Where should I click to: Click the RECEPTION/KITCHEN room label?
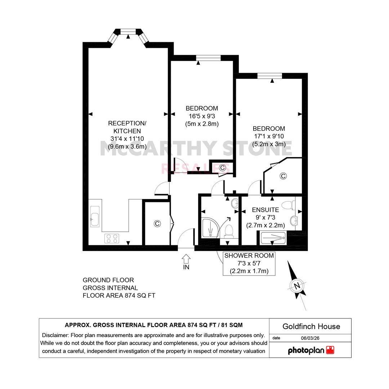pos(127,127)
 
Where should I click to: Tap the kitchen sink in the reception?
pos(95,216)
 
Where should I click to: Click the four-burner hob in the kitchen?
pos(112,238)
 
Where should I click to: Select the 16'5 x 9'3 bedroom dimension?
pos(202,116)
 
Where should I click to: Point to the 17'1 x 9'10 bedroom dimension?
pos(269,136)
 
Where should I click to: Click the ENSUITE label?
pos(265,210)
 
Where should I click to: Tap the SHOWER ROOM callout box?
pos(249,263)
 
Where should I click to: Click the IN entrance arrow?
pos(186,259)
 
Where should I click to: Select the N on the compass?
pos(297,286)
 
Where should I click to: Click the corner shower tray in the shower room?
pos(210,228)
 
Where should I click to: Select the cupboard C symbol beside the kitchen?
pos(157,224)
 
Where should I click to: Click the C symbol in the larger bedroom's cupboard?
pos(283,176)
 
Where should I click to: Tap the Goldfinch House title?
pos(311,326)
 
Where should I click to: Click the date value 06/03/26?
pos(310,338)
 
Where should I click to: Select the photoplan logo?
pos(311,350)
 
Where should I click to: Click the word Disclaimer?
pos(55,335)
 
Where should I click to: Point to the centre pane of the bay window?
pos(128,31)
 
